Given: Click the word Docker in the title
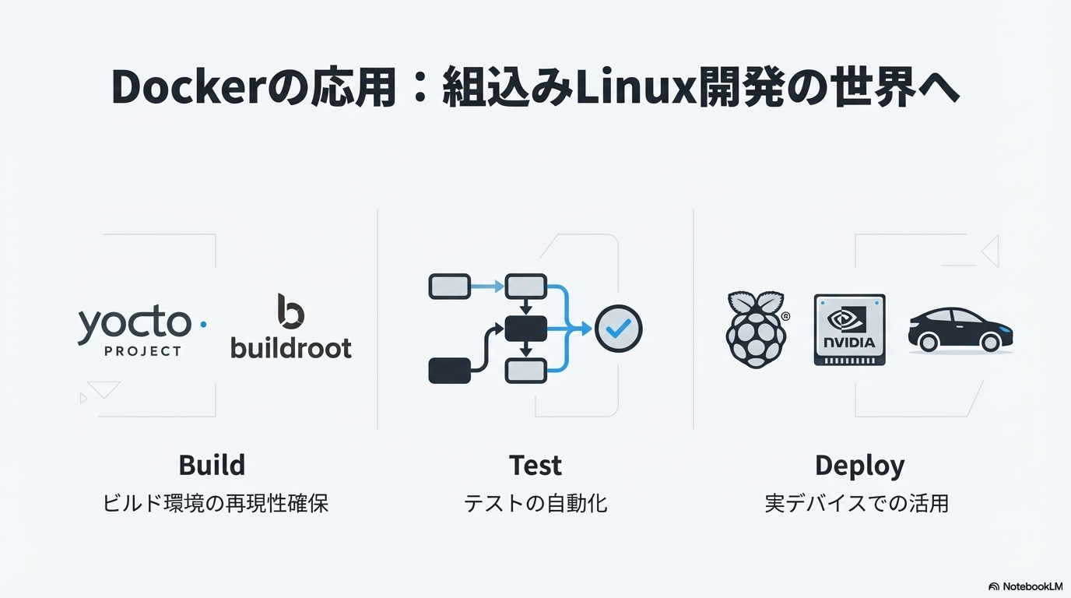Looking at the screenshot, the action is tap(188, 87).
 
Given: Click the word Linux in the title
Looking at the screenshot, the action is tap(636, 87).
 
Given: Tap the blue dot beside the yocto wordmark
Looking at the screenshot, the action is tap(203, 325).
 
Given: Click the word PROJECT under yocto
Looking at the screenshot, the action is tap(143, 351).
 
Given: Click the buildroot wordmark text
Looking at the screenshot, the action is tap(291, 348).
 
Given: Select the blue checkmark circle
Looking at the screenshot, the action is tap(618, 329).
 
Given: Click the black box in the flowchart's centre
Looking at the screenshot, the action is tap(526, 329).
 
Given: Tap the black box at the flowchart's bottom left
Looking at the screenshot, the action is tap(449, 371).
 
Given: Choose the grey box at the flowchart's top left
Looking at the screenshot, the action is tap(449, 287).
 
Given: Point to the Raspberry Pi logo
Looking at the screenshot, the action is tap(757, 329).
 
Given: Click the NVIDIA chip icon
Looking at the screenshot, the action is tap(850, 330).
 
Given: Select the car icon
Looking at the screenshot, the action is tap(960, 330).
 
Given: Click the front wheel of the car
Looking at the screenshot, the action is tap(990, 342).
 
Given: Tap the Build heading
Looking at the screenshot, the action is tap(212, 465).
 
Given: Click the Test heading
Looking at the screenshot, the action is tap(535, 465).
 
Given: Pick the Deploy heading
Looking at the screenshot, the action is tap(859, 466).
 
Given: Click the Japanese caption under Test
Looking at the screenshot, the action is tap(535, 504).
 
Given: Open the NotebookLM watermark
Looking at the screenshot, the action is tap(1025, 586).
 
